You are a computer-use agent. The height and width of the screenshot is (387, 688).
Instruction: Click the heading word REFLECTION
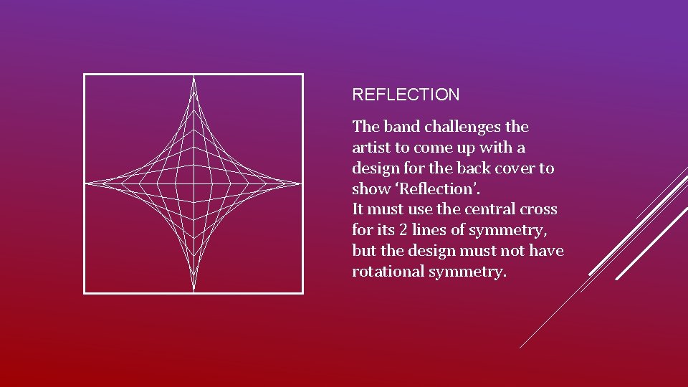(406, 95)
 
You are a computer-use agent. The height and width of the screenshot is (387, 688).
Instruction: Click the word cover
(517, 168)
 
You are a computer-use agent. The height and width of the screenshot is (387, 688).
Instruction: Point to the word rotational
(388, 272)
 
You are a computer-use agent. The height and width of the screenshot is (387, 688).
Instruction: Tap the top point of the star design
(193, 78)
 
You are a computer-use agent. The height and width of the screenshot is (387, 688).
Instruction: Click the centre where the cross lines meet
(193, 183)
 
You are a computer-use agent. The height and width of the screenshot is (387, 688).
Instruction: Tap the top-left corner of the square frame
(85, 75)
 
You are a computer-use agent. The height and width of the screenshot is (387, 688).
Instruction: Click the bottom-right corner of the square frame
(302, 292)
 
